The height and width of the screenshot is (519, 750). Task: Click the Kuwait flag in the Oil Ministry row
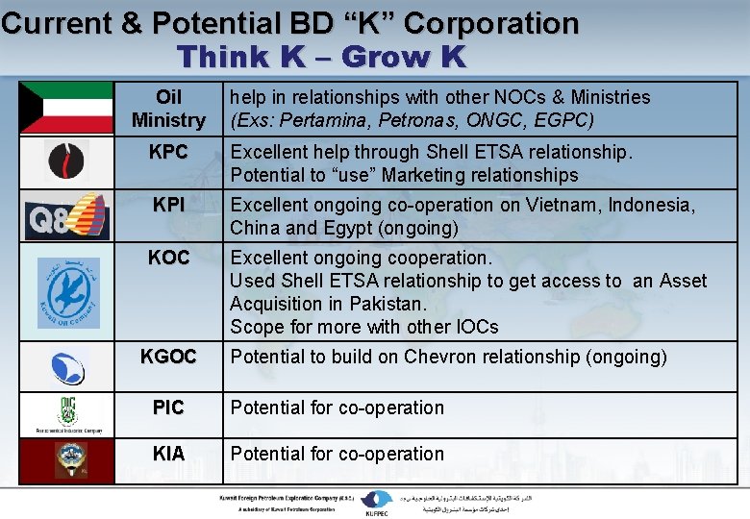point(66,108)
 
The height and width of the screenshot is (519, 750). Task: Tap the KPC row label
point(168,152)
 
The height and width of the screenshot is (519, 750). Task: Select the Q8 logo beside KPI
point(66,216)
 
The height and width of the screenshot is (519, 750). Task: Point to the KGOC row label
point(168,358)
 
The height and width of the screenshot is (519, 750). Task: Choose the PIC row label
point(168,408)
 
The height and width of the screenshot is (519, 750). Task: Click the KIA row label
point(168,454)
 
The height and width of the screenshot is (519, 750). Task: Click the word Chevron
point(447,357)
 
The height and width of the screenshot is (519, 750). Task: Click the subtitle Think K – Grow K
point(321,57)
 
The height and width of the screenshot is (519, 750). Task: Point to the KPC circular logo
point(66,161)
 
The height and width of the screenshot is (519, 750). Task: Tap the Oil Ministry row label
point(168,109)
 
